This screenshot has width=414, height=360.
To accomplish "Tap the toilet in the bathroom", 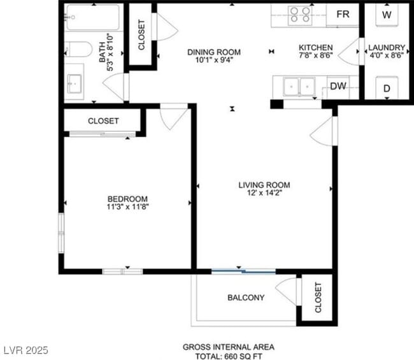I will click(x=78, y=49).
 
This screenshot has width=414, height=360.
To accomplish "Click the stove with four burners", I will click(x=300, y=14).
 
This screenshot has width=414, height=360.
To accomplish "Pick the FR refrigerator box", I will click(x=343, y=14).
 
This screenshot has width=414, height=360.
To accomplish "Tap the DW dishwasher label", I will click(x=338, y=87).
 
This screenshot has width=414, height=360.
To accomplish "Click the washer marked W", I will click(x=387, y=13).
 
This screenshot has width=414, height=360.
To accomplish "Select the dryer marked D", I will click(x=387, y=89).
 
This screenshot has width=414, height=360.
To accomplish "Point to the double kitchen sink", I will click(x=299, y=86).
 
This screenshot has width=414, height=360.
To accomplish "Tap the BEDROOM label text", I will click(x=127, y=198).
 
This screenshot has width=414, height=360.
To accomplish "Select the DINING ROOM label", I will click(x=213, y=52).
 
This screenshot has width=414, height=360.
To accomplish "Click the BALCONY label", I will click(x=246, y=298).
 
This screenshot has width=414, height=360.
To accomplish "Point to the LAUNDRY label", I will click(x=387, y=47).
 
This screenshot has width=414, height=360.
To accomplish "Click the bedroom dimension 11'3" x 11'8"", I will click(x=127, y=206).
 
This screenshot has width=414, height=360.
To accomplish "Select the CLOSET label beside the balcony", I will click(x=318, y=298).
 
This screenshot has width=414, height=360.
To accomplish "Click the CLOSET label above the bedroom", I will click(x=103, y=120).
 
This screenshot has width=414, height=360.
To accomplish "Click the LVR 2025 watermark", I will click(x=25, y=350).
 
